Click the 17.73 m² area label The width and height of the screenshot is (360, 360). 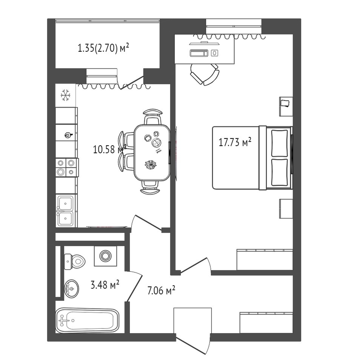(235, 142)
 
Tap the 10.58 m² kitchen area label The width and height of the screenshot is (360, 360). (110, 149)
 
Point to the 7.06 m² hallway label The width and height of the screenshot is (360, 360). (161, 291)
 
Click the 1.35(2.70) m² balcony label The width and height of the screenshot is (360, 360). (103, 48)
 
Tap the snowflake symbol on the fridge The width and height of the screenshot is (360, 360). (65, 95)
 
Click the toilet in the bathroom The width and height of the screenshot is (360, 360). (74, 262)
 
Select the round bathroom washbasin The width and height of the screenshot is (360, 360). (72, 289)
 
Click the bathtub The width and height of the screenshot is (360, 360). (87, 320)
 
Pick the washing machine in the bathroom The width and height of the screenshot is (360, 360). (105, 256)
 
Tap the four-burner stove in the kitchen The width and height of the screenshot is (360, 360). (67, 168)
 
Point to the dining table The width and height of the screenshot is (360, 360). (152, 152)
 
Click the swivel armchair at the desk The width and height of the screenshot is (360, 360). (205, 74)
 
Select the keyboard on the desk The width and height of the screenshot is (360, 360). (199, 53)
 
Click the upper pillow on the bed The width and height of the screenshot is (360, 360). (279, 143)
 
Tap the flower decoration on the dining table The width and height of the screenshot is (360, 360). (151, 165)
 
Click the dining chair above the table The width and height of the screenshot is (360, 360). (153, 117)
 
